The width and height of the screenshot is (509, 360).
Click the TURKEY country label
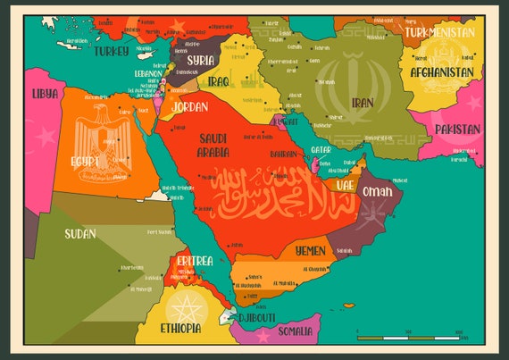(x=112, y=51)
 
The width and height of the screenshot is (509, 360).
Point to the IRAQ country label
(x=218, y=81)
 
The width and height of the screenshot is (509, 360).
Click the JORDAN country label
(x=189, y=106)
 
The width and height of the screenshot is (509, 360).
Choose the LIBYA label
(x=45, y=93)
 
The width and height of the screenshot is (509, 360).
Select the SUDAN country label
(x=80, y=234)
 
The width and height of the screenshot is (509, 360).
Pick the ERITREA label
(x=195, y=261)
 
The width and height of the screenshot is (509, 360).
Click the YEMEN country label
(x=310, y=251)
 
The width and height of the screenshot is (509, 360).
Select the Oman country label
(x=376, y=191)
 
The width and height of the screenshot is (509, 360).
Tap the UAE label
(x=345, y=185)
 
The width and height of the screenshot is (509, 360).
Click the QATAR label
(x=321, y=149)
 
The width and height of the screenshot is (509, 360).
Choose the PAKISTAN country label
(x=458, y=130)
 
